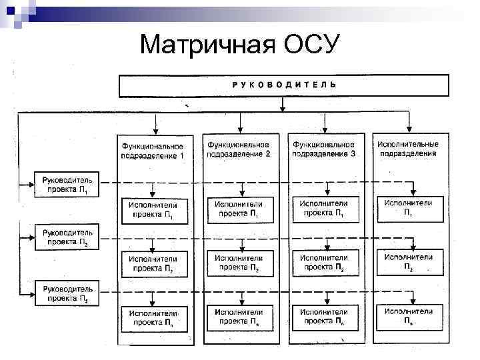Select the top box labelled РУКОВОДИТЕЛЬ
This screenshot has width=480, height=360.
click(x=283, y=85)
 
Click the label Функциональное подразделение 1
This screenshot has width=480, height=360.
click(x=153, y=150)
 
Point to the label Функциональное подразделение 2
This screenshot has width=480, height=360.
click(x=239, y=149)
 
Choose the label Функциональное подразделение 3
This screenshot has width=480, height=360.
click(x=324, y=149)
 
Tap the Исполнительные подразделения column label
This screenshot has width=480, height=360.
click(x=408, y=148)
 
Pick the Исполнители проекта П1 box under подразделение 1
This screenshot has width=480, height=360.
click(x=153, y=210)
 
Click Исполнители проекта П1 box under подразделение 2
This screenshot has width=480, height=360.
click(x=239, y=209)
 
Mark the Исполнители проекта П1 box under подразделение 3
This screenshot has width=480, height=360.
click(x=324, y=209)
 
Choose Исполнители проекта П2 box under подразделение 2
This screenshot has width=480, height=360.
click(x=239, y=263)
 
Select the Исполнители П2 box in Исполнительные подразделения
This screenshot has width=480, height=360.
click(x=409, y=262)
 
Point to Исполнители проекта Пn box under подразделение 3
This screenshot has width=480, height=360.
click(x=324, y=317)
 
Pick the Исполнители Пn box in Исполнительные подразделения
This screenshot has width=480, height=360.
click(x=409, y=316)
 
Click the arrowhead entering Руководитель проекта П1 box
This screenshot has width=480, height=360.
click(x=33, y=181)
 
